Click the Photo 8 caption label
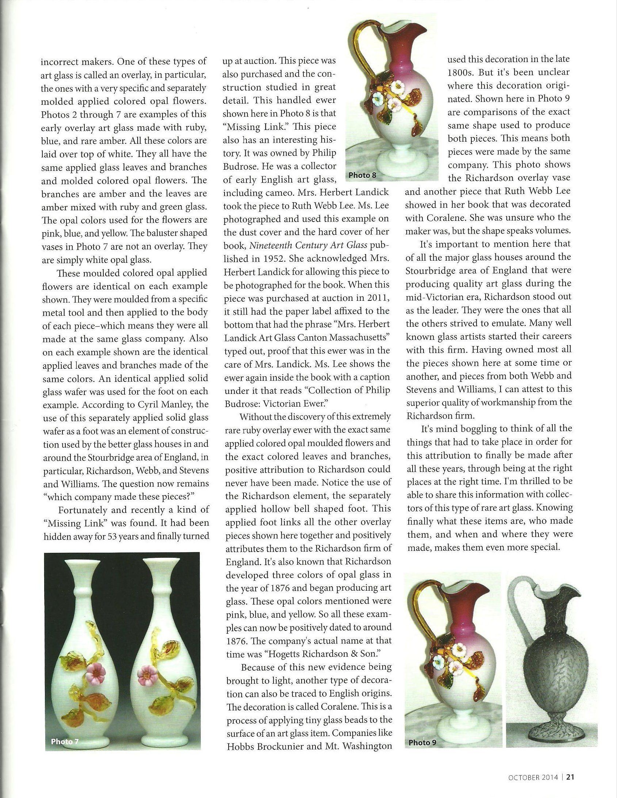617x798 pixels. [x=362, y=175]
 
